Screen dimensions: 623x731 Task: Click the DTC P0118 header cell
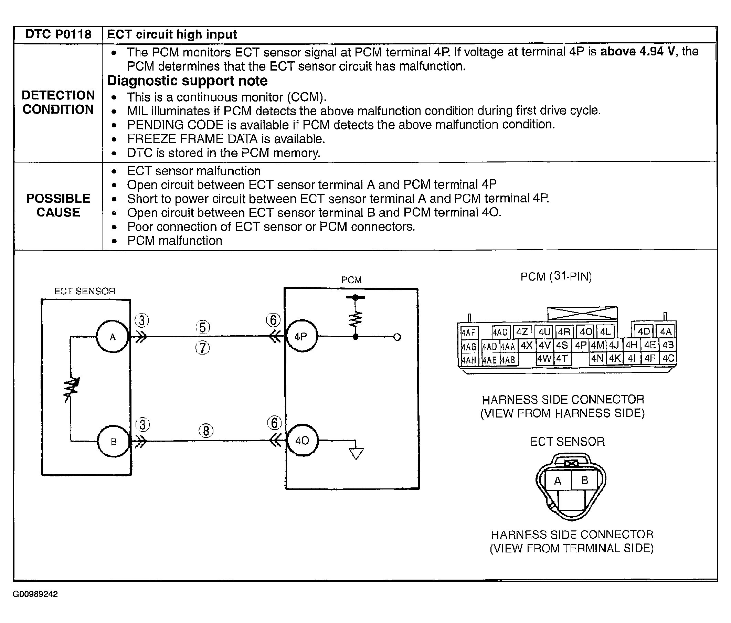(x=58, y=34)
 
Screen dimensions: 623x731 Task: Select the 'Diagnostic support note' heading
(x=187, y=81)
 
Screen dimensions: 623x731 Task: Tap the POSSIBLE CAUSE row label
(x=58, y=205)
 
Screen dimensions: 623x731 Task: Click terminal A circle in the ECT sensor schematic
(x=113, y=337)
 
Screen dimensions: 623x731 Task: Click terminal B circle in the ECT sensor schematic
(x=113, y=441)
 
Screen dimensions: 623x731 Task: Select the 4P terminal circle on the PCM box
(x=301, y=336)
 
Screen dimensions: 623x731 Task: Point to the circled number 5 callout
(x=202, y=327)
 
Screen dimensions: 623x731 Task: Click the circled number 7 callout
(x=202, y=348)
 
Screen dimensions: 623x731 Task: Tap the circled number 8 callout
(x=206, y=431)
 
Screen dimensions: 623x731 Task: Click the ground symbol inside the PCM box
(x=356, y=453)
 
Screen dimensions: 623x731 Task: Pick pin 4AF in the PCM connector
(x=468, y=332)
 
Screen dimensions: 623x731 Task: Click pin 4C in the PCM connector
(x=668, y=358)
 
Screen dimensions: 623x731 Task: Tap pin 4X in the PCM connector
(x=526, y=345)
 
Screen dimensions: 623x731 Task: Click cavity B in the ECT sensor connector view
(x=584, y=480)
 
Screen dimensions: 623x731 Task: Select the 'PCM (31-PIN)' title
(x=556, y=276)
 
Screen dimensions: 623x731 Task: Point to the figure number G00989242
(x=35, y=594)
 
